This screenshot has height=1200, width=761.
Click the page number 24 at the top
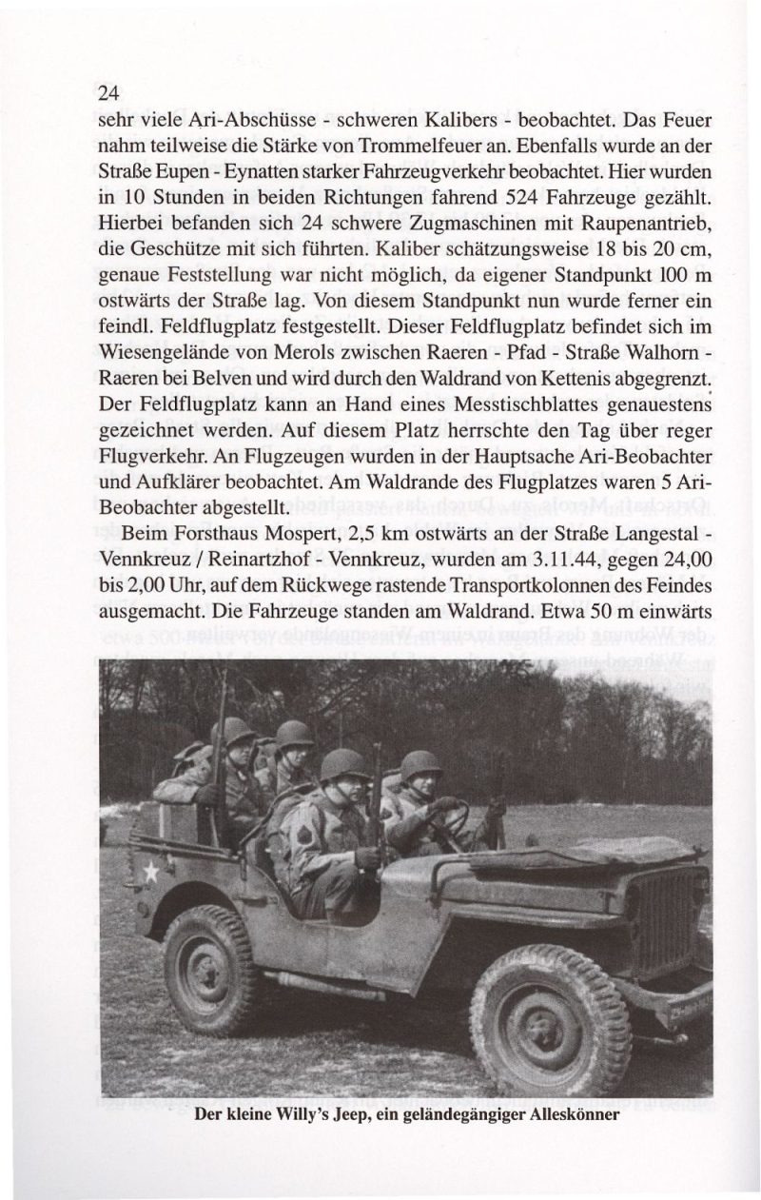pyautogui.click(x=107, y=93)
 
